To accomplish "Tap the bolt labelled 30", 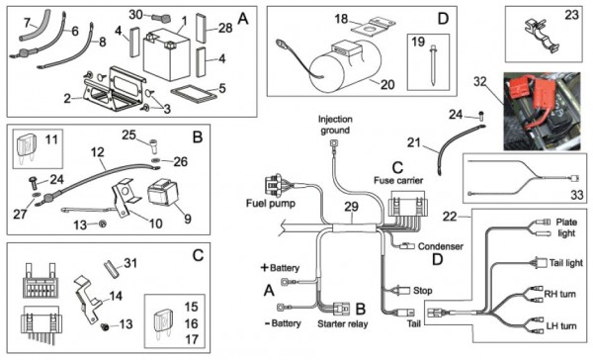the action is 161,18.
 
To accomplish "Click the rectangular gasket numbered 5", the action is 194,94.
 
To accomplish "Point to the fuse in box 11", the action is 26,147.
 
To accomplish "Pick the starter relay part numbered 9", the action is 162,192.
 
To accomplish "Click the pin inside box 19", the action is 433,65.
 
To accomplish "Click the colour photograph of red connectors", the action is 542,112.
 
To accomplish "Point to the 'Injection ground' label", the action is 335,125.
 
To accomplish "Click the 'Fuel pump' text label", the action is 271,204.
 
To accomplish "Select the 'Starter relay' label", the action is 343,323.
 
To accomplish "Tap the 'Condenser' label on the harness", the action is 441,246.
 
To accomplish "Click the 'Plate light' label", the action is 566,227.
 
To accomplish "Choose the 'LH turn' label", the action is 561,326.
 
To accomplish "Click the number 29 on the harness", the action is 351,207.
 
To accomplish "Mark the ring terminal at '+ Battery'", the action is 285,282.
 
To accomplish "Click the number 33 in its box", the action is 577,195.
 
